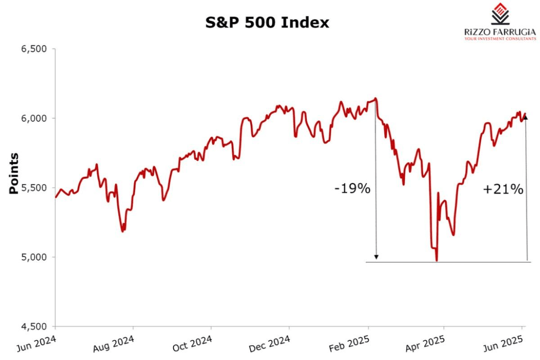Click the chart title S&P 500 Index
[267, 22]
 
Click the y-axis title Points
[14, 174]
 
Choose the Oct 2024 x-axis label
[193, 344]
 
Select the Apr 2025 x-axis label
[425, 344]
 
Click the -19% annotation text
[352, 189]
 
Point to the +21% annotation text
[503, 189]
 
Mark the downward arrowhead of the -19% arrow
[377, 257]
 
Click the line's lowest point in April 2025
[436, 261]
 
